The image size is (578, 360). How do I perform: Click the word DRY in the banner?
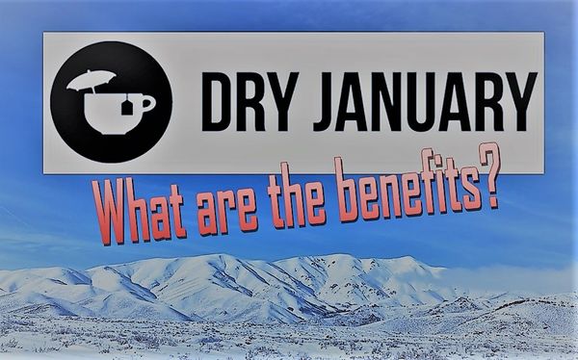250,102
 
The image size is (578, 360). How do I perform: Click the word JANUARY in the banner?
425,102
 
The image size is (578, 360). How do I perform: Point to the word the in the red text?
297,199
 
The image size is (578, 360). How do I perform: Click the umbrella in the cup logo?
92,80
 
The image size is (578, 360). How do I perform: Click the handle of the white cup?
148,104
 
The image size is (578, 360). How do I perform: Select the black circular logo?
112,102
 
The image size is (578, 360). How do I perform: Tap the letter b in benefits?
345,191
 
